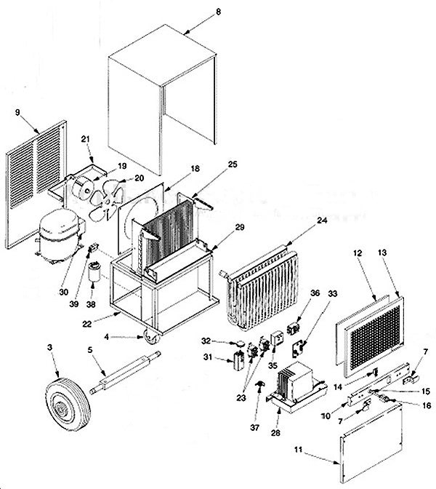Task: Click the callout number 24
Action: click(321, 220)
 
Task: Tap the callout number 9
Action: click(17, 113)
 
